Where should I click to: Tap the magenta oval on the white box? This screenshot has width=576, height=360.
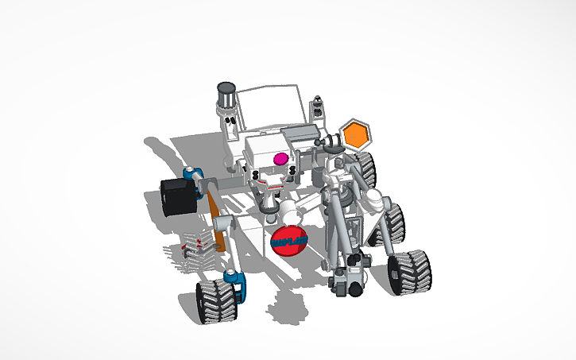[x=280, y=159]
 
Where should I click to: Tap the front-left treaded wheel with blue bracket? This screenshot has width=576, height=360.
[x=216, y=300]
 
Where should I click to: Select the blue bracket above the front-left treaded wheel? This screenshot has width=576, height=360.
[x=236, y=284]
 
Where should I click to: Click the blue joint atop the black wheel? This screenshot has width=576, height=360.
[x=191, y=174]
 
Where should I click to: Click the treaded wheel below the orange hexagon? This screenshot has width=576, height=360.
[x=364, y=168]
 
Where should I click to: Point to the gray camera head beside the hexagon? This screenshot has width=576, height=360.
[x=332, y=141]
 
